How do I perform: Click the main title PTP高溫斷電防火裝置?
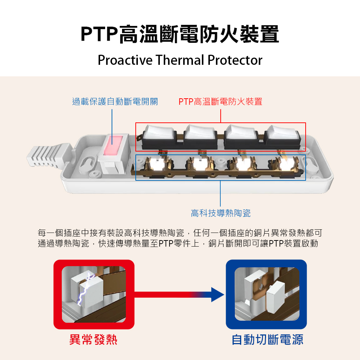(x=180, y=35)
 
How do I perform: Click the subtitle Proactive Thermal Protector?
(x=180, y=60)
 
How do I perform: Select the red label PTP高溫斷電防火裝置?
(x=220, y=102)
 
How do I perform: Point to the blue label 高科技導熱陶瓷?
(x=220, y=213)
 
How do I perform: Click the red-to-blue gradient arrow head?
(x=217, y=294)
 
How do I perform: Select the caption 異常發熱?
(x=93, y=339)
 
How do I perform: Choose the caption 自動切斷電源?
(x=267, y=339)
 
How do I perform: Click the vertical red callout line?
(x=220, y=115)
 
